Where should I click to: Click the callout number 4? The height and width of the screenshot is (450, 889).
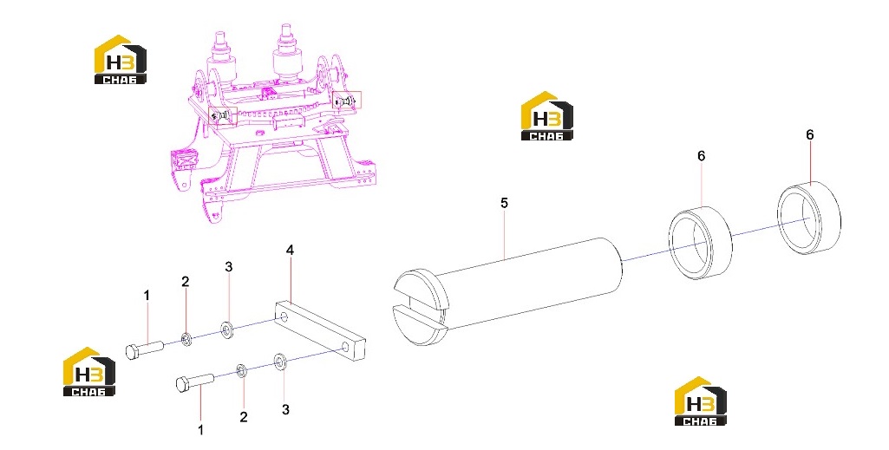pyautogui.click(x=290, y=250)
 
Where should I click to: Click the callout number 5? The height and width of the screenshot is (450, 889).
pyautogui.click(x=504, y=203)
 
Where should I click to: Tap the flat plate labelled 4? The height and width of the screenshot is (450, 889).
pyautogui.click(x=320, y=330)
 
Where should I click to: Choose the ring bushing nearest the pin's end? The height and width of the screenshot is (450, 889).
pyautogui.click(x=701, y=243)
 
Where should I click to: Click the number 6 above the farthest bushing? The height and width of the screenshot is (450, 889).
pyautogui.click(x=809, y=135)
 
